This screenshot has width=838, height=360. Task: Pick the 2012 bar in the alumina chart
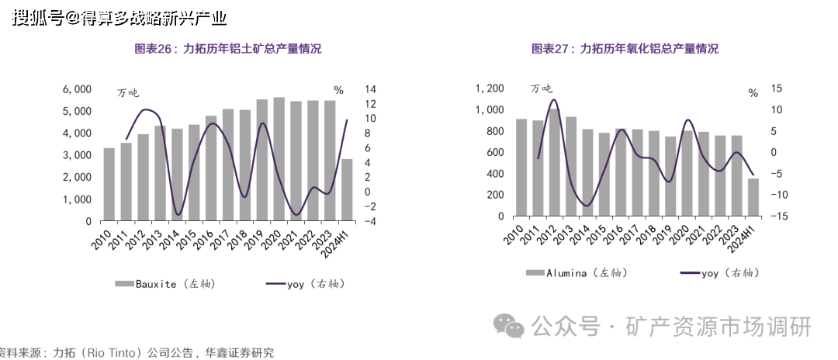554,163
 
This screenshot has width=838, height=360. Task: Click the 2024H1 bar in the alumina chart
753,198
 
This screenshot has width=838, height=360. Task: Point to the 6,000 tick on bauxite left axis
76,90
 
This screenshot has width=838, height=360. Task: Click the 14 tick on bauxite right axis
371,90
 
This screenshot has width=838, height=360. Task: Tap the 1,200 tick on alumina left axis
489,88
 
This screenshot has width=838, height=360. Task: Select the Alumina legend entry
570,273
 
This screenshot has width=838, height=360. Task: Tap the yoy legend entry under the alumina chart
718,273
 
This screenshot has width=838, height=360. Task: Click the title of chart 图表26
228,49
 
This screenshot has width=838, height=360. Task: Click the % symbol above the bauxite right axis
339,90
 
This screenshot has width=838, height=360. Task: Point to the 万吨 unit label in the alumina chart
542,88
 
